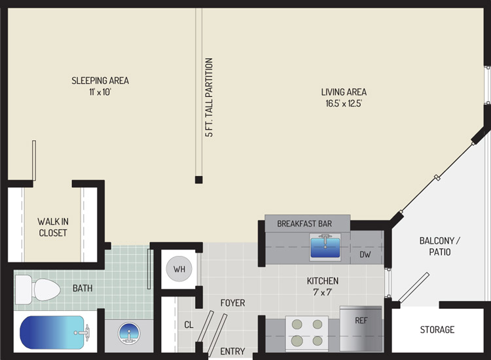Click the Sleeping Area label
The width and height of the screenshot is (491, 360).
tap(100, 81)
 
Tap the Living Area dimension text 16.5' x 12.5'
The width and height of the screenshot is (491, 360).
tap(344, 103)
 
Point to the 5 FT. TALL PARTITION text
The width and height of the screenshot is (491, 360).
tap(209, 98)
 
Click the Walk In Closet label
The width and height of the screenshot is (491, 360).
tap(53, 227)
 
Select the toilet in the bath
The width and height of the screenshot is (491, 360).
tap(37, 289)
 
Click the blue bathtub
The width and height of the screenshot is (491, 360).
tap(53, 332)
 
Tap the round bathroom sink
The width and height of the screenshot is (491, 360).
tap(129, 333)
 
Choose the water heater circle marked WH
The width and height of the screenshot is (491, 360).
tap(179, 269)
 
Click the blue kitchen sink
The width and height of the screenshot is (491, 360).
tap(325, 247)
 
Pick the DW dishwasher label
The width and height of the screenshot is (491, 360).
tap(365, 255)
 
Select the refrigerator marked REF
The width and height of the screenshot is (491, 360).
tap(361, 329)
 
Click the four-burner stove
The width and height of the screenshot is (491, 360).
tap(307, 334)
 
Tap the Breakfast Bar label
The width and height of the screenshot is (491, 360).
tap(304, 223)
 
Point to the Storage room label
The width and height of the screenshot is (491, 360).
tap(437, 329)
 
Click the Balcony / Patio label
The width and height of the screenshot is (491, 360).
tap(440, 246)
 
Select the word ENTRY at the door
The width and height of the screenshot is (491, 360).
tap(232, 351)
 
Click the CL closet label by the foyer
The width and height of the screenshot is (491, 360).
tap(189, 325)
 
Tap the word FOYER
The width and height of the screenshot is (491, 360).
tap(232, 302)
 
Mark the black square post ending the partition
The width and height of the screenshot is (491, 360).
tap(198, 180)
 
